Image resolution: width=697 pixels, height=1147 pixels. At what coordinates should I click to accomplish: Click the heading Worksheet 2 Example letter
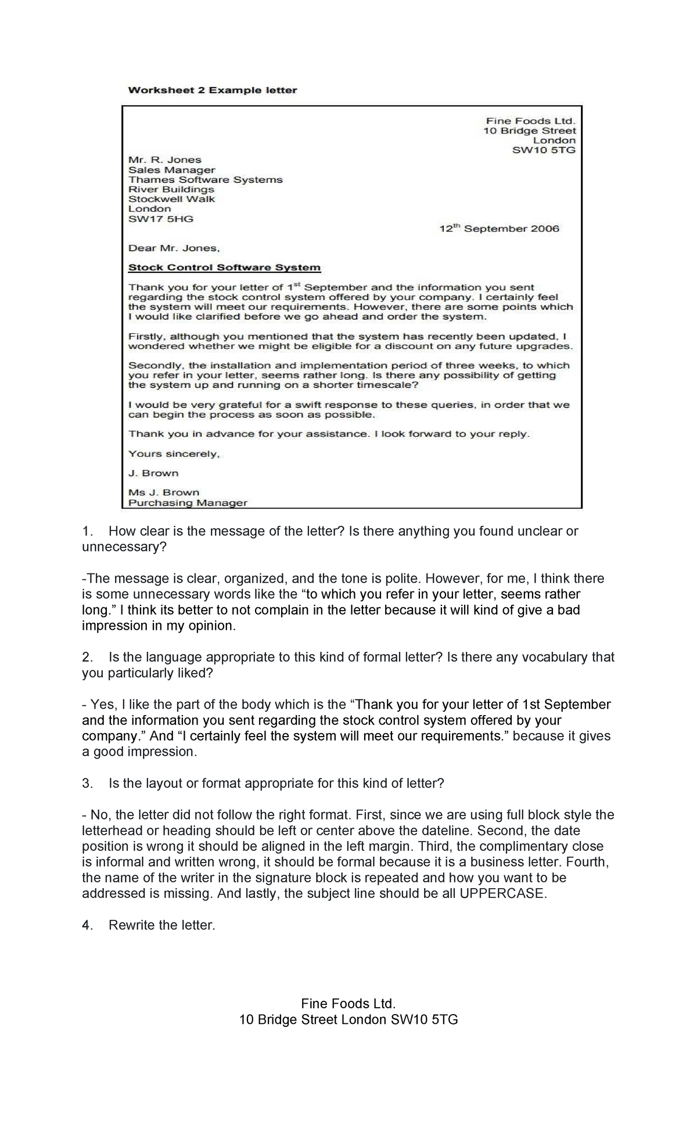212,90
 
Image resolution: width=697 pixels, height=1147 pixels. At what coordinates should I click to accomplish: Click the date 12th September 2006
498,229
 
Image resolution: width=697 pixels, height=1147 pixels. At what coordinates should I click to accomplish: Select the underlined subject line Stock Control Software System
224,268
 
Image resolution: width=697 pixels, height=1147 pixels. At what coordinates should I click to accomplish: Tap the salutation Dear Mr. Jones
174,248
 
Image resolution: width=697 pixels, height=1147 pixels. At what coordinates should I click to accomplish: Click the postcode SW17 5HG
160,219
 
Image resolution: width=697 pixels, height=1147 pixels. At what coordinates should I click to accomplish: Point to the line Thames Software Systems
205,180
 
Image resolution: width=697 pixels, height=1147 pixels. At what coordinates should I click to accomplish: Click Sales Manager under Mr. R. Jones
171,170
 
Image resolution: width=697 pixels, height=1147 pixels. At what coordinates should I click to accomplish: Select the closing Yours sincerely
174,454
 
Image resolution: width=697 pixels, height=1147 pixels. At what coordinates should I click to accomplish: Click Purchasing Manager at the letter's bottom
188,503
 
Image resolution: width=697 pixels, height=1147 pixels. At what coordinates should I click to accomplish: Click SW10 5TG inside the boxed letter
543,150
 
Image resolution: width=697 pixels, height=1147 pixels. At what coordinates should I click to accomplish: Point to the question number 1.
87,531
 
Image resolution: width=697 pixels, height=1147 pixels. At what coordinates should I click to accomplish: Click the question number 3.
87,784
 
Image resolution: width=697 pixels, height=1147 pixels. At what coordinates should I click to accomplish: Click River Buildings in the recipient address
171,190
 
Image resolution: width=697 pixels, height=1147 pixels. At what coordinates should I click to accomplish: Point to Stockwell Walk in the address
171,199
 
